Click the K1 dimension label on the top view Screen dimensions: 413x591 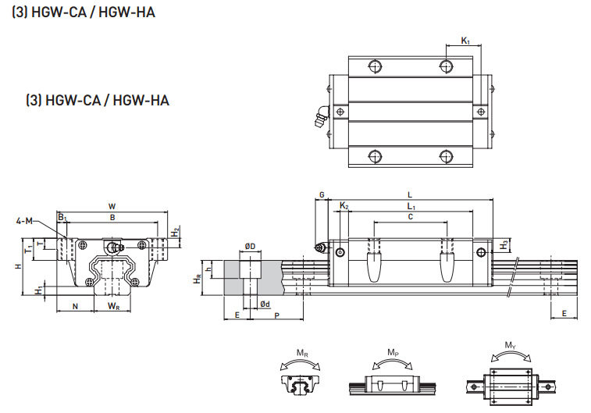point(465,41)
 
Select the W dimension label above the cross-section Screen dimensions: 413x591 point(112,207)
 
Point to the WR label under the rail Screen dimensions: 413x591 point(114,305)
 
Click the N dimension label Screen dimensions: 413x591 point(75,305)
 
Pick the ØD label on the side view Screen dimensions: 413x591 point(250,247)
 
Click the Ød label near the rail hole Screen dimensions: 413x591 point(265,304)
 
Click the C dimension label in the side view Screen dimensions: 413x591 point(411,217)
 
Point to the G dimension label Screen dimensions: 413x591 point(321,194)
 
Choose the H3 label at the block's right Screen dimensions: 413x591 point(505,244)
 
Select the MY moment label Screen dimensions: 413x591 point(510,345)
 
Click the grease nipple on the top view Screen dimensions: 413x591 point(319,119)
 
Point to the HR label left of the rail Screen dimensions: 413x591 point(198,277)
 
